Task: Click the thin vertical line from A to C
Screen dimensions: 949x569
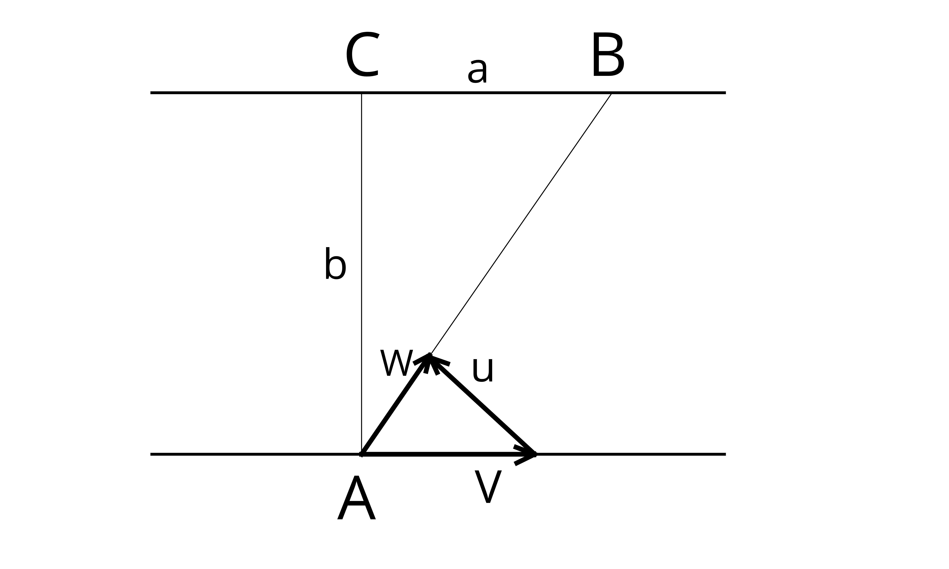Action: click(x=361, y=273)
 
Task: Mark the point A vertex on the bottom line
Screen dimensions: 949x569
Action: click(x=361, y=454)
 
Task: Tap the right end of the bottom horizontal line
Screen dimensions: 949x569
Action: click(x=725, y=454)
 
